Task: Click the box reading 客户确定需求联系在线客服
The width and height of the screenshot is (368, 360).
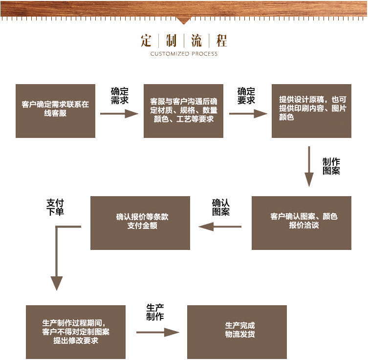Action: click(x=55, y=111)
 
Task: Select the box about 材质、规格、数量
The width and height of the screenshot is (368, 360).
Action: click(x=183, y=111)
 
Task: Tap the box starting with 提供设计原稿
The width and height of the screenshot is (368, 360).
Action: click(x=311, y=111)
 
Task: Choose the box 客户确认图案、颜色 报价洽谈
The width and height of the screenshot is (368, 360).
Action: click(x=301, y=223)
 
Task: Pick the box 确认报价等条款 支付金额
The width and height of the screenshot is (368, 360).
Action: click(x=140, y=223)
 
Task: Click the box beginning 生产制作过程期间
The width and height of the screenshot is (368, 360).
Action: click(x=76, y=332)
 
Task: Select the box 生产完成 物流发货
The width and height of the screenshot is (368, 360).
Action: click(x=237, y=332)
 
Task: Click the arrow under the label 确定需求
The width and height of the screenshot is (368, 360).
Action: click(x=119, y=113)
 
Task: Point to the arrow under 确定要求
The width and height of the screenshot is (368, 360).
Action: click(x=248, y=113)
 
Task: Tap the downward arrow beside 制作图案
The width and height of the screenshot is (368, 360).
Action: click(x=309, y=166)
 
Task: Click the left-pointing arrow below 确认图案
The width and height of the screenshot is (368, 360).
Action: click(x=219, y=226)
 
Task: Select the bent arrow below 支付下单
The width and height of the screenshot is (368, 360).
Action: click(x=58, y=259)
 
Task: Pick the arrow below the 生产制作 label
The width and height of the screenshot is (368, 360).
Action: click(x=158, y=332)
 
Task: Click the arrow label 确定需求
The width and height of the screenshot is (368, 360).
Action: click(x=119, y=95)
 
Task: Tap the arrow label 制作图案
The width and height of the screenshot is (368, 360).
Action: click(x=331, y=166)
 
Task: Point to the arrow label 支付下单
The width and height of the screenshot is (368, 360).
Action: click(x=55, y=207)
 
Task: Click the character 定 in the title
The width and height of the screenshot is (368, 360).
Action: click(x=146, y=40)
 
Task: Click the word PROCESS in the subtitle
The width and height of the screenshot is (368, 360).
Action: click(x=204, y=54)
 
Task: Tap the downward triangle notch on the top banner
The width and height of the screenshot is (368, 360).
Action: click(x=184, y=21)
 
